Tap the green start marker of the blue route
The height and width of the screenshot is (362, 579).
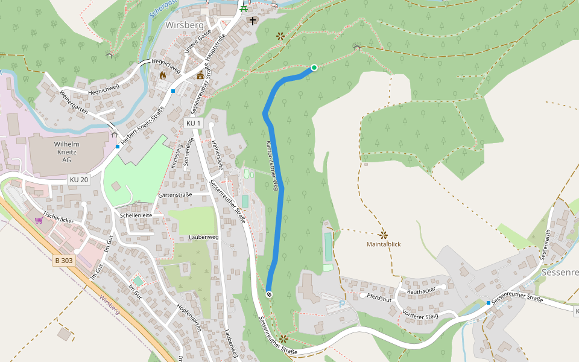coord(314,68)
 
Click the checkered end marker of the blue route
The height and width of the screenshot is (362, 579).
coord(268,294)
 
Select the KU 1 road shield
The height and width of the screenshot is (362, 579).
coord(193,123)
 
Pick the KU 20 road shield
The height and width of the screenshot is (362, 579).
coord(78,180)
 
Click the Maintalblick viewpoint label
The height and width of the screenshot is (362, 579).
coord(384,244)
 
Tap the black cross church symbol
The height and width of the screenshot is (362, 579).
coord(252,21)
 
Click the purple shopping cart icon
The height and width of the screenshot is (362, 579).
coord(39,220)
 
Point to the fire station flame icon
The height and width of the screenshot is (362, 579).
coord(162,75)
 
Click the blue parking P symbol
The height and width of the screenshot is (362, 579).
coord(342,303)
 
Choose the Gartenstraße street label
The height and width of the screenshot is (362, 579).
coord(175,195)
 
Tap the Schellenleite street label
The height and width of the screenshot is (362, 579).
coord(136,215)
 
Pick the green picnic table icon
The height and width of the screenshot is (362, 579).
coord(244,8)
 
